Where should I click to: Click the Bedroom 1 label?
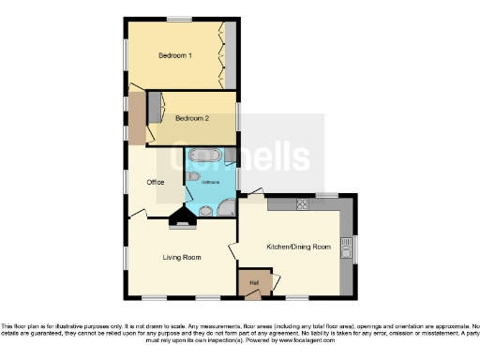tap(175, 55)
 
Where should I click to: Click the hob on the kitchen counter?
tap(303, 203)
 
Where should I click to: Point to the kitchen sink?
tap(347, 247)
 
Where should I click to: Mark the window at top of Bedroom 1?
tap(179, 19)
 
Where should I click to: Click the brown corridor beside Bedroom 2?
tap(137, 118)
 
